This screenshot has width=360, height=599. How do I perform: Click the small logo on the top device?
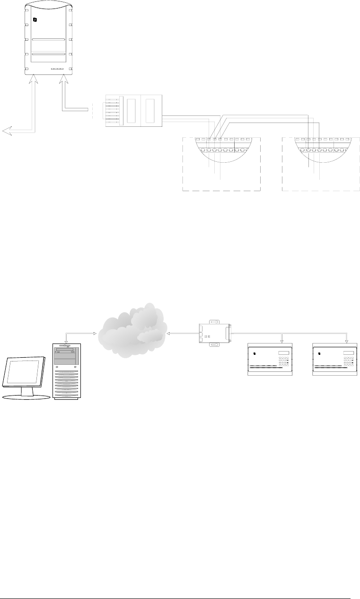(x=35, y=20)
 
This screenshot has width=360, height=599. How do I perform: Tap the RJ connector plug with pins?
(x=112, y=111)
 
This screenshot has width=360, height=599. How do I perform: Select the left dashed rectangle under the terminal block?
(x=221, y=180)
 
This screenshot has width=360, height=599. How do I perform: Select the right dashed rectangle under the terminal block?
(x=320, y=180)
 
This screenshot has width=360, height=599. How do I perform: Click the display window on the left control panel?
(x=283, y=353)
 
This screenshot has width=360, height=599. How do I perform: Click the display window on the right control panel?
(x=349, y=353)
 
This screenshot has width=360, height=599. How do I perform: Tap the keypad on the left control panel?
(x=284, y=362)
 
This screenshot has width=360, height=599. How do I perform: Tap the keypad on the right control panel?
(x=349, y=362)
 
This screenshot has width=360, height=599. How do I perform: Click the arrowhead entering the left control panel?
(x=282, y=340)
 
